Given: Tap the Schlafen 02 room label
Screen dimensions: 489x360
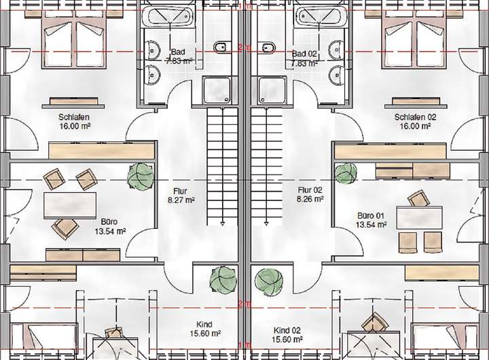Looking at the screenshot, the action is click(415, 121).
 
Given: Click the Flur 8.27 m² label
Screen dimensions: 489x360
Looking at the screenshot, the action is click(180, 196).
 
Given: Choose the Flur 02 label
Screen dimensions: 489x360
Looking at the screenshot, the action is click(310, 195).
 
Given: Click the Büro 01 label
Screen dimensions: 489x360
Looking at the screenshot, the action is click(372, 220).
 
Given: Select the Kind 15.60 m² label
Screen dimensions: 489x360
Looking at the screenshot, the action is click(204, 329).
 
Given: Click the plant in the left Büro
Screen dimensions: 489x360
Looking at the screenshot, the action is click(141, 177).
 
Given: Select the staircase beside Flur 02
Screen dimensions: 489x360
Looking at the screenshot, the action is click(266, 170).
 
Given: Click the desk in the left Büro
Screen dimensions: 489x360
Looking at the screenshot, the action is click(69, 204).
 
